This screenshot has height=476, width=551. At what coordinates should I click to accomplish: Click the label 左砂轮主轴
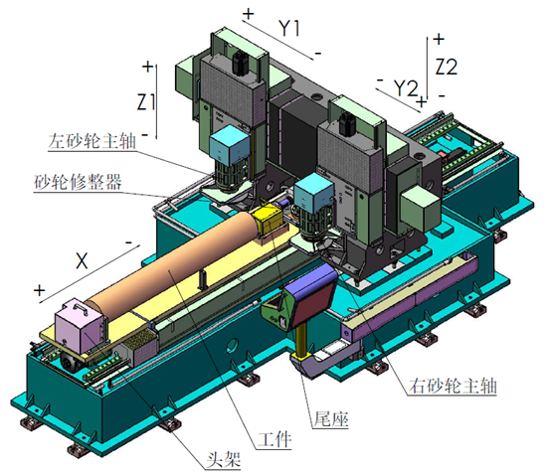(92, 141)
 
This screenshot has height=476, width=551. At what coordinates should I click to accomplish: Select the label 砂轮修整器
(78, 182)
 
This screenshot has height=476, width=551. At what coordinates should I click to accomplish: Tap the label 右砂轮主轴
(453, 386)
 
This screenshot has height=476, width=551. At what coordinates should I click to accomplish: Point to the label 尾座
(330, 418)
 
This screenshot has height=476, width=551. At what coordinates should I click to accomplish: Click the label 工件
(275, 439)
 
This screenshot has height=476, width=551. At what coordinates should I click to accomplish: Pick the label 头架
(224, 459)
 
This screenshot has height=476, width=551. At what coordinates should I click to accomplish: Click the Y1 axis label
(289, 28)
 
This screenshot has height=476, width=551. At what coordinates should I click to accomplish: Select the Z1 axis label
(146, 102)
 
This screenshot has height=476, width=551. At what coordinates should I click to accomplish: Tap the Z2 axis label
(447, 67)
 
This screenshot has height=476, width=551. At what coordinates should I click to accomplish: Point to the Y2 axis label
(406, 87)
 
